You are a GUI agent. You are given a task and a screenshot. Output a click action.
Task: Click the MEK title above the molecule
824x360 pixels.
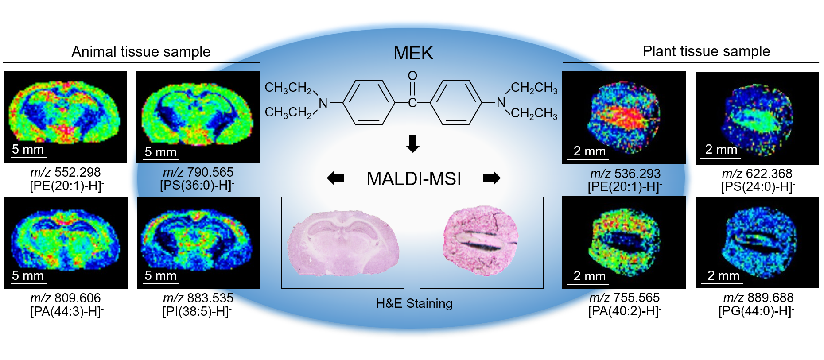(x=413, y=53)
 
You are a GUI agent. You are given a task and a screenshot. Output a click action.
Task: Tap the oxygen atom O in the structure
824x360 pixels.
(x=412, y=76)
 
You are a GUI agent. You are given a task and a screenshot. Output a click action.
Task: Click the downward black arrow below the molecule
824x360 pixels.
(x=413, y=144)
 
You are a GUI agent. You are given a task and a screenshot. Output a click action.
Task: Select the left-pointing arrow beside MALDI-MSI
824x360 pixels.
(x=335, y=178)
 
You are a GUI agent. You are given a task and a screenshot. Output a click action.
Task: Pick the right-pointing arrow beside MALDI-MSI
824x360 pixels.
(x=492, y=178)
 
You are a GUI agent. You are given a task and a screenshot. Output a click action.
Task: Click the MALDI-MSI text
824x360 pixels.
(x=414, y=179)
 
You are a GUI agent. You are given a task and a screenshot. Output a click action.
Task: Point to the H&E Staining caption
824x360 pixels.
(x=414, y=304)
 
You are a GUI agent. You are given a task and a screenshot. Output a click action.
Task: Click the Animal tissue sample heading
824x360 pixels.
(x=141, y=52)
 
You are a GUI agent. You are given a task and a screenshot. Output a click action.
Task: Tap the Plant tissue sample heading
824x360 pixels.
(x=706, y=51)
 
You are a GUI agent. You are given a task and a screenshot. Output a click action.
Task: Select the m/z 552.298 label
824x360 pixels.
(x=66, y=172)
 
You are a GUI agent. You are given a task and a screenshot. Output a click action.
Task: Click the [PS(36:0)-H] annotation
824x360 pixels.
(x=197, y=185)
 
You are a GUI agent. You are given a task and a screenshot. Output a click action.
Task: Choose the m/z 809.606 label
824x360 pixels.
(x=66, y=298)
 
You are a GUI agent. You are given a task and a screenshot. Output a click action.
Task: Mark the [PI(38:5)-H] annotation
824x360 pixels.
(x=197, y=311)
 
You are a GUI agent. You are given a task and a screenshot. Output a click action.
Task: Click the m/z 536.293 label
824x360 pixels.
(x=625, y=174)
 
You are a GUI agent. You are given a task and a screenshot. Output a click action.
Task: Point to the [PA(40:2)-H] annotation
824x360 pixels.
(x=625, y=311)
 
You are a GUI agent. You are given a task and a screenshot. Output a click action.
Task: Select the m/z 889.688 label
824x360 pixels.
(x=758, y=298)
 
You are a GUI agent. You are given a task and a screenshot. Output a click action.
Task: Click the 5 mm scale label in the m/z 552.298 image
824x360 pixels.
(x=28, y=150)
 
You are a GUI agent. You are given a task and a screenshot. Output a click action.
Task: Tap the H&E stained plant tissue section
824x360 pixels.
(x=481, y=242)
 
